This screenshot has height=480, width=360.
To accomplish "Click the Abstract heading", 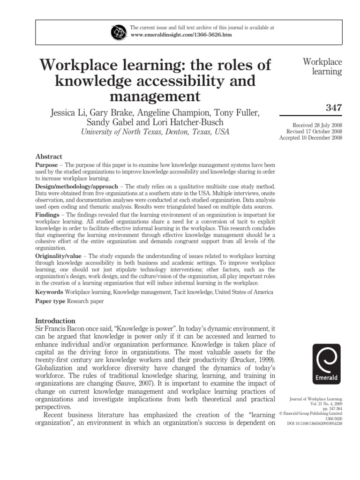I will [x=49, y=157].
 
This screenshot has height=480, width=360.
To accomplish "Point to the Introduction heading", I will [x=55, y=320].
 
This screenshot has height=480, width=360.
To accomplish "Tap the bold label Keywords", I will [x=49, y=292].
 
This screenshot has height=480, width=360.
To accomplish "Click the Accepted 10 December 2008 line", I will [x=311, y=138].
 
